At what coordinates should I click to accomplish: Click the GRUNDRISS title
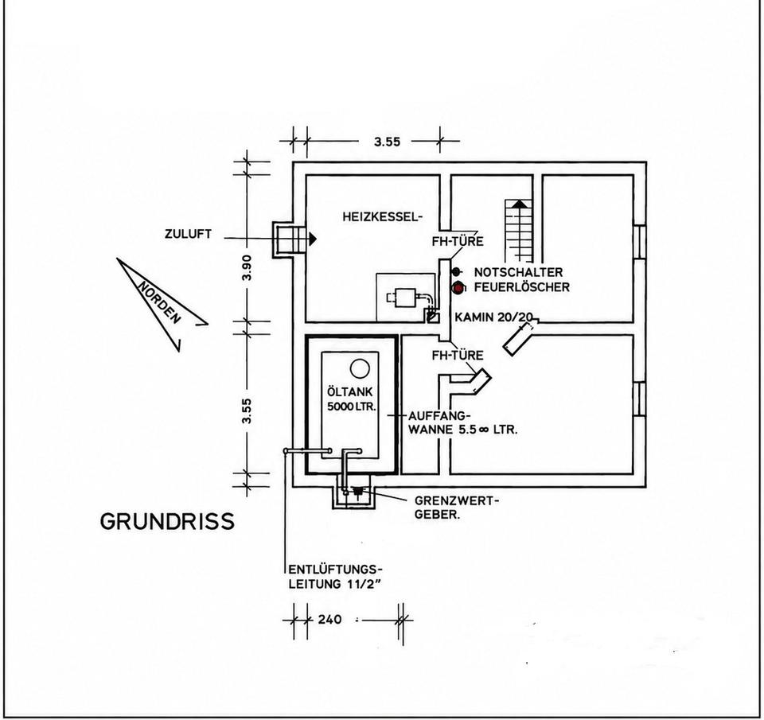(x=167, y=521)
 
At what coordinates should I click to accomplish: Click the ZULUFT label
(x=188, y=234)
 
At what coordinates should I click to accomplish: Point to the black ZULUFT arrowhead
(x=311, y=238)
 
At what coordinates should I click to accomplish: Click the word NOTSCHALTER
(x=518, y=272)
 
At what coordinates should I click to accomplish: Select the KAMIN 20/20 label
(x=493, y=317)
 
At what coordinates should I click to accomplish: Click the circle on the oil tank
(x=360, y=368)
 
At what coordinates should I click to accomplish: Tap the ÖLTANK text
(x=350, y=391)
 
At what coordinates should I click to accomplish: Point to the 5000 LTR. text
(x=351, y=407)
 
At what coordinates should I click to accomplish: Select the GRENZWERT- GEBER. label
(x=457, y=508)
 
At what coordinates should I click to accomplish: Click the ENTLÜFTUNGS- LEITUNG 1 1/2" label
(x=336, y=577)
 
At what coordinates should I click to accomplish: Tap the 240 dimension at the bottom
(x=329, y=620)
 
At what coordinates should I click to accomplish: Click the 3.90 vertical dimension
(x=247, y=267)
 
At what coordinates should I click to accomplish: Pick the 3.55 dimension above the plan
(x=387, y=142)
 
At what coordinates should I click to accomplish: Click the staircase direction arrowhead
(x=520, y=203)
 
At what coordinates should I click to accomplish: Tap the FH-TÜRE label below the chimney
(x=458, y=355)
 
